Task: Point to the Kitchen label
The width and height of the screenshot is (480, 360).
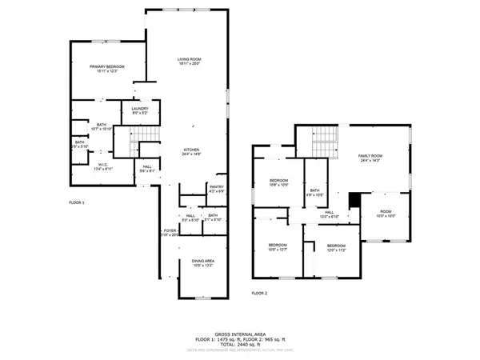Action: [190, 152]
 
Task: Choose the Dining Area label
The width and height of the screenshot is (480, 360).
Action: [202, 263]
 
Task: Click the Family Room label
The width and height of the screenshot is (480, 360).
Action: [370, 158]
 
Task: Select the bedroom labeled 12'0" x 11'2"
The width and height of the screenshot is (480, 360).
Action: [335, 247]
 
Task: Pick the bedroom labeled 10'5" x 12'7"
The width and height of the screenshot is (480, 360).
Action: [278, 246]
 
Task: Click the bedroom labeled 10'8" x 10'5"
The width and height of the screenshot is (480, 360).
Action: [278, 182]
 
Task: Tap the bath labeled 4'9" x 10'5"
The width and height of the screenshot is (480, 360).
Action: [314, 191]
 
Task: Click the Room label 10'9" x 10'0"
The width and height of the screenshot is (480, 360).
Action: [386, 214]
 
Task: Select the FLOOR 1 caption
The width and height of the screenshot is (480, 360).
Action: [77, 202]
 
